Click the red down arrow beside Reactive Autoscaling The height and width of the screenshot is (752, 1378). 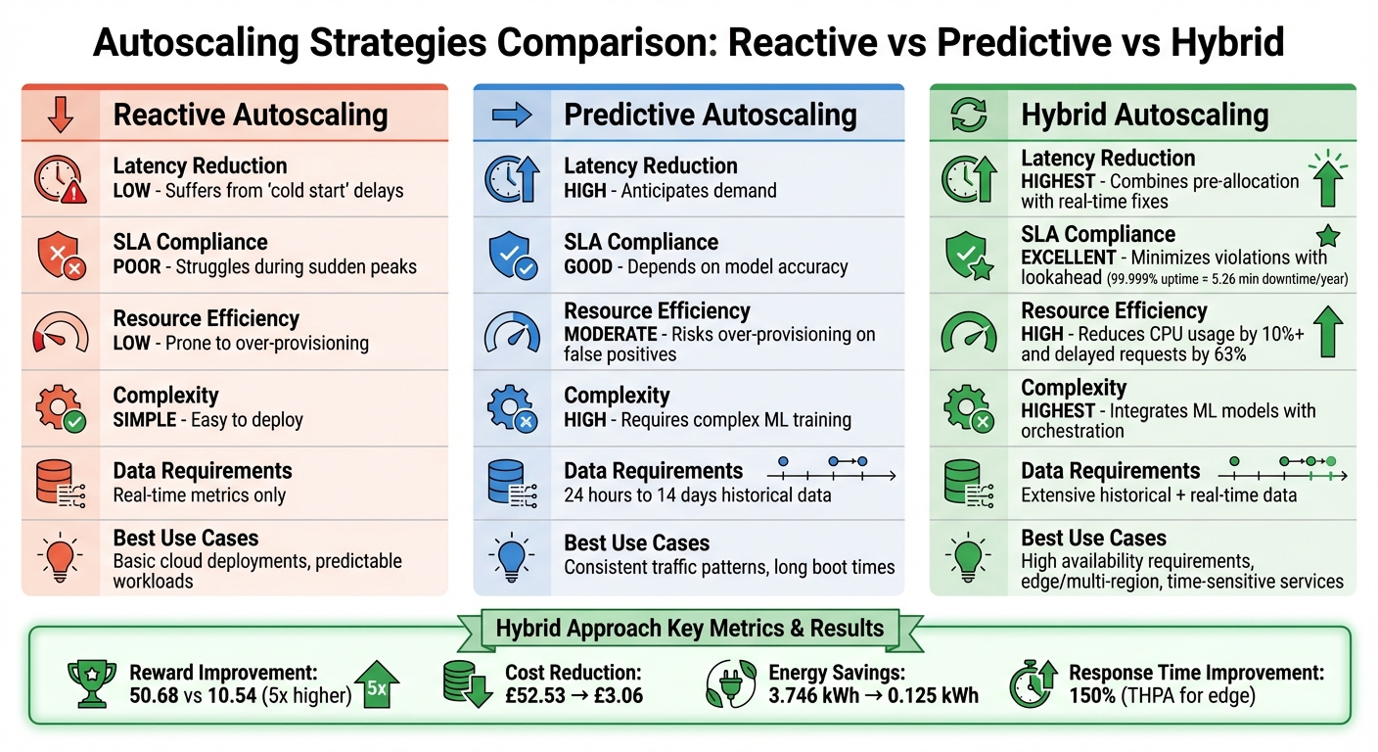61,115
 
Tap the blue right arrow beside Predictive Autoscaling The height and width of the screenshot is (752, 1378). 510,116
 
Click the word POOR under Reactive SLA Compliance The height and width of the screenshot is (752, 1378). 136,267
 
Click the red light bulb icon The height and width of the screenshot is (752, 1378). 61,558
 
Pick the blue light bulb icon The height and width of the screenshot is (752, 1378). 511,558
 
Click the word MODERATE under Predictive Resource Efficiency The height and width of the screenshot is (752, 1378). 610,335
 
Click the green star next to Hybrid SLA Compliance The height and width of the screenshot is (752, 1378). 1327,236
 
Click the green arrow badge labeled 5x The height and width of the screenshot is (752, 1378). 376,685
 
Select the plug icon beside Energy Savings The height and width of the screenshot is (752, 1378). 729,683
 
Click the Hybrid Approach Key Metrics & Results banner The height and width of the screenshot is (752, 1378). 689,629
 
